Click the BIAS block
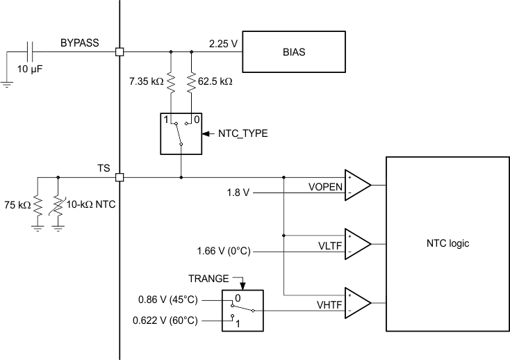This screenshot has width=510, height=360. click(x=293, y=51)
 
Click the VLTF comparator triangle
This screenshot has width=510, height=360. click(x=356, y=243)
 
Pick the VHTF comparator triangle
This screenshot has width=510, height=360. click(x=356, y=302)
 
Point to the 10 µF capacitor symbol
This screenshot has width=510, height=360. click(x=29, y=51)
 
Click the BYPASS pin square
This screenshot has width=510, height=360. click(x=120, y=51)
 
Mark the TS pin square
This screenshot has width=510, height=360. click(x=120, y=177)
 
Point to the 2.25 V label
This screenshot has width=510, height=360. click(x=222, y=44)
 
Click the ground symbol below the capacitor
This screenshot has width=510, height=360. click(x=6, y=84)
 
